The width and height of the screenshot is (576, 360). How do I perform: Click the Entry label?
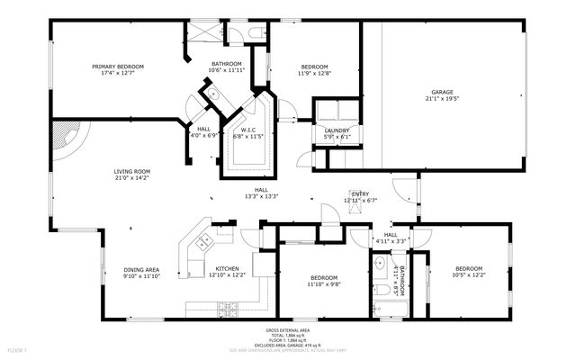[x=360, y=193]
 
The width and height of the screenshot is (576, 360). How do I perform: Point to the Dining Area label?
[x=141, y=269]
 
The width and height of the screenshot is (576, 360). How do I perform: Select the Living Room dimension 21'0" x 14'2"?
[x=131, y=178]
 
